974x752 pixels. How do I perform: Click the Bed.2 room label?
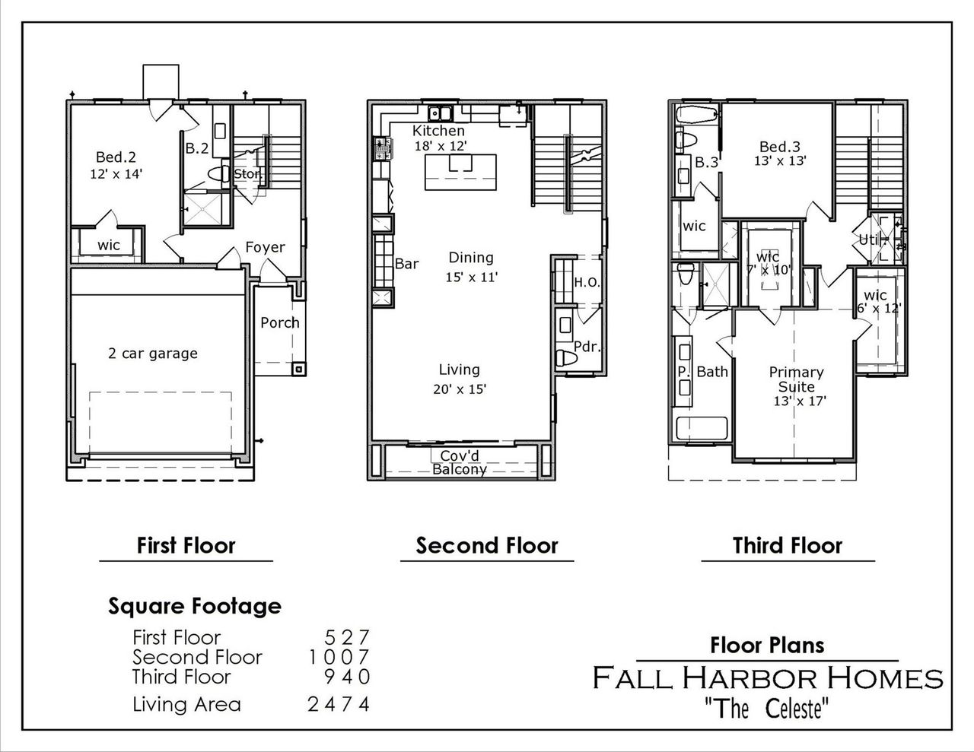pos(116,157)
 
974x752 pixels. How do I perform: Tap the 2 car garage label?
pos(152,353)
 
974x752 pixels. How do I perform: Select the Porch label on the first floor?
pos(280,322)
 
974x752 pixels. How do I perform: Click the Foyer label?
pos(265,247)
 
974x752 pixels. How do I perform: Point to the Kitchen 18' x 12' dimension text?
pos(439,145)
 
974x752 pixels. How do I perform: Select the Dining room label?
pos(470,258)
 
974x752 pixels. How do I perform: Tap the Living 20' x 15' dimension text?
pos(459,389)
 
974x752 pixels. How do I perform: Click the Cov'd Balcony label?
pos(460,462)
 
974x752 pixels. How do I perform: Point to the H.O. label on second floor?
pos(587,282)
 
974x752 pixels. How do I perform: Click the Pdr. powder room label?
pos(587,347)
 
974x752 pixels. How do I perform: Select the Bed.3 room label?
pos(780,147)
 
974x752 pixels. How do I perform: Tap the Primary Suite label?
pos(796,379)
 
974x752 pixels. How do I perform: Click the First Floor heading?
pos(186,545)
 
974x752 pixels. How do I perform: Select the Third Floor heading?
pos(788,545)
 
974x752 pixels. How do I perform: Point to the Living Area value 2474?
pos(339,704)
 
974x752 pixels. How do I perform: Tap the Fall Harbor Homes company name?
pos(768,677)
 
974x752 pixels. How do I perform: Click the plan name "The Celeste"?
pos(766,709)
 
